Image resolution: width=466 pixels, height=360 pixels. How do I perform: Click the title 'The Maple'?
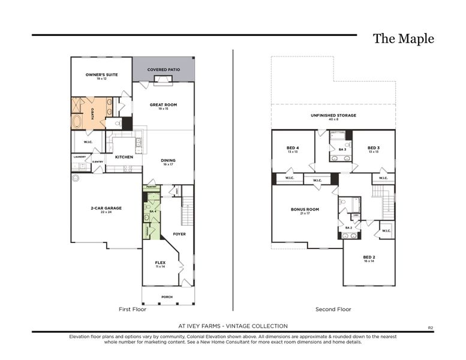click(403, 39)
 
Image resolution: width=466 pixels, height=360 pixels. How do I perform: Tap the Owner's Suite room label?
click(101, 75)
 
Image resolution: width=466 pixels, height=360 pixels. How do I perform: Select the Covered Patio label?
click(164, 70)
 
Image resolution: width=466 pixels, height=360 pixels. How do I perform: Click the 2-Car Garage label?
click(106, 209)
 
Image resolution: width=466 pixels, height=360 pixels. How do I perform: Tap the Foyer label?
click(179, 234)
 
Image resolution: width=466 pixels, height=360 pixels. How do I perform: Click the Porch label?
click(167, 297)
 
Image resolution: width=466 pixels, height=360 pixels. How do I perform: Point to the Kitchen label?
click(124, 157)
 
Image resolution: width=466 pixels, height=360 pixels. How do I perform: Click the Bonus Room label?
click(305, 210)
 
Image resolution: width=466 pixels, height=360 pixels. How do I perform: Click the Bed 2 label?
click(368, 258)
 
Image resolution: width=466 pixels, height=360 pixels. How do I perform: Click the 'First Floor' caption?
click(133, 310)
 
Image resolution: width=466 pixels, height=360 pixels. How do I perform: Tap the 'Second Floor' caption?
click(333, 310)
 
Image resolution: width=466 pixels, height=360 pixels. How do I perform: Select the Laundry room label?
click(79, 157)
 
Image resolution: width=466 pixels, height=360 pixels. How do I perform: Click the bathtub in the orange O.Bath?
click(79, 122)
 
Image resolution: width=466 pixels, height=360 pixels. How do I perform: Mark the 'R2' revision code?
click(430, 328)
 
